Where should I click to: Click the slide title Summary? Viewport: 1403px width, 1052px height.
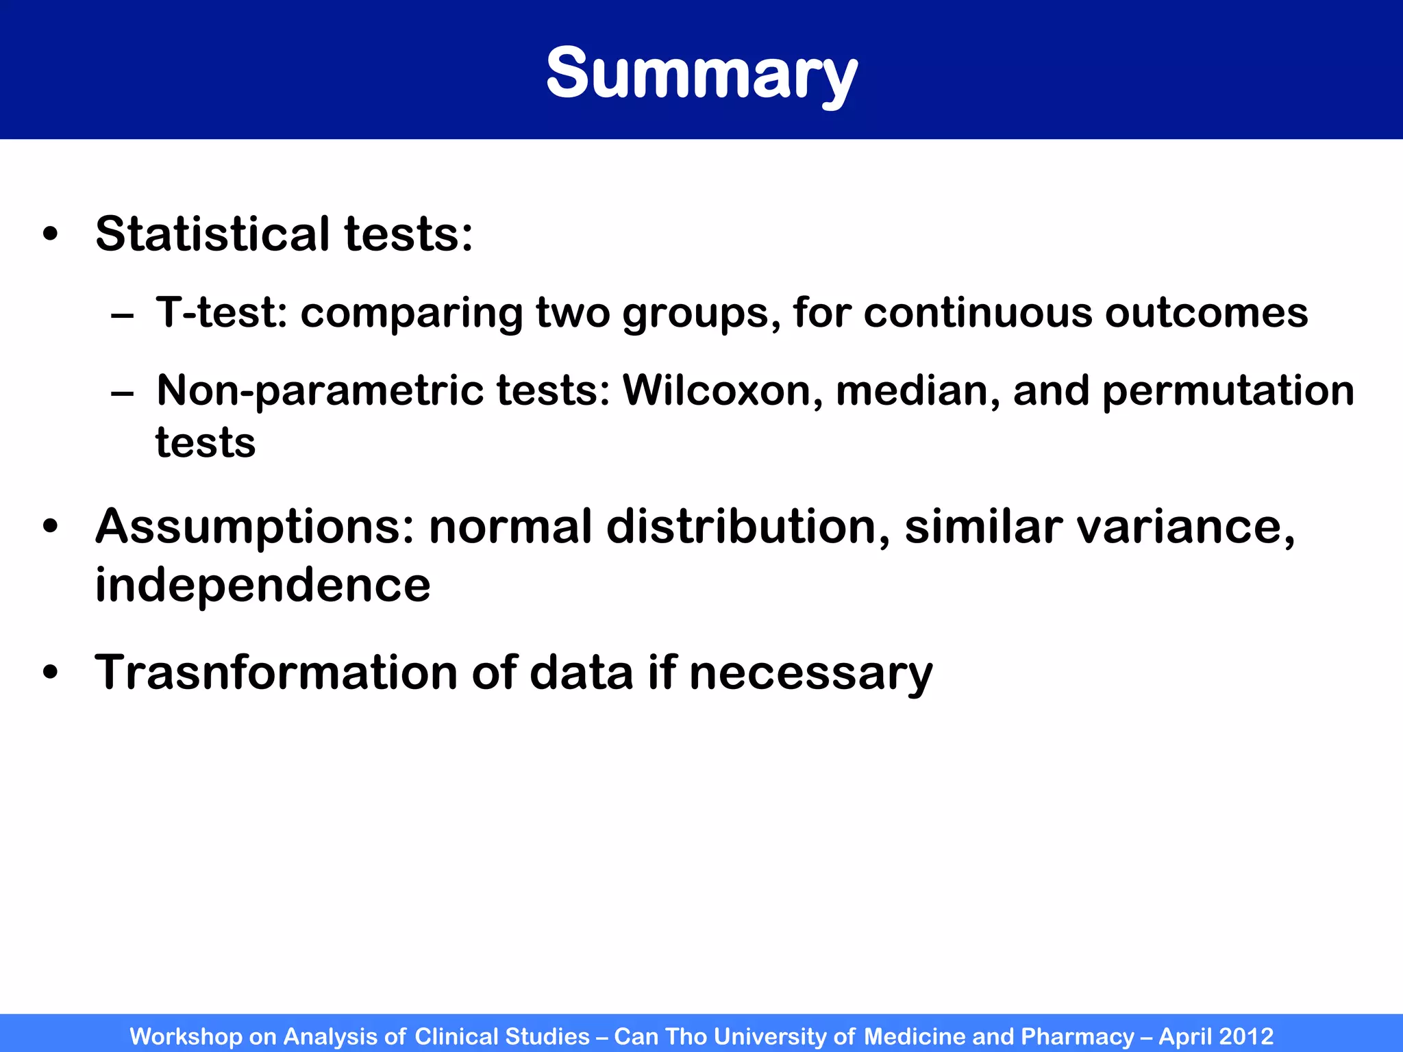701,74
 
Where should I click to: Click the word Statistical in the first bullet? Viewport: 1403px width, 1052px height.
212,234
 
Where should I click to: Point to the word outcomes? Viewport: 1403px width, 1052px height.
1206,313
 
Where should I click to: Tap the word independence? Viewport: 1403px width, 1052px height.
262,586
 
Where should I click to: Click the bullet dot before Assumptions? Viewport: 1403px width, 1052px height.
50,527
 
